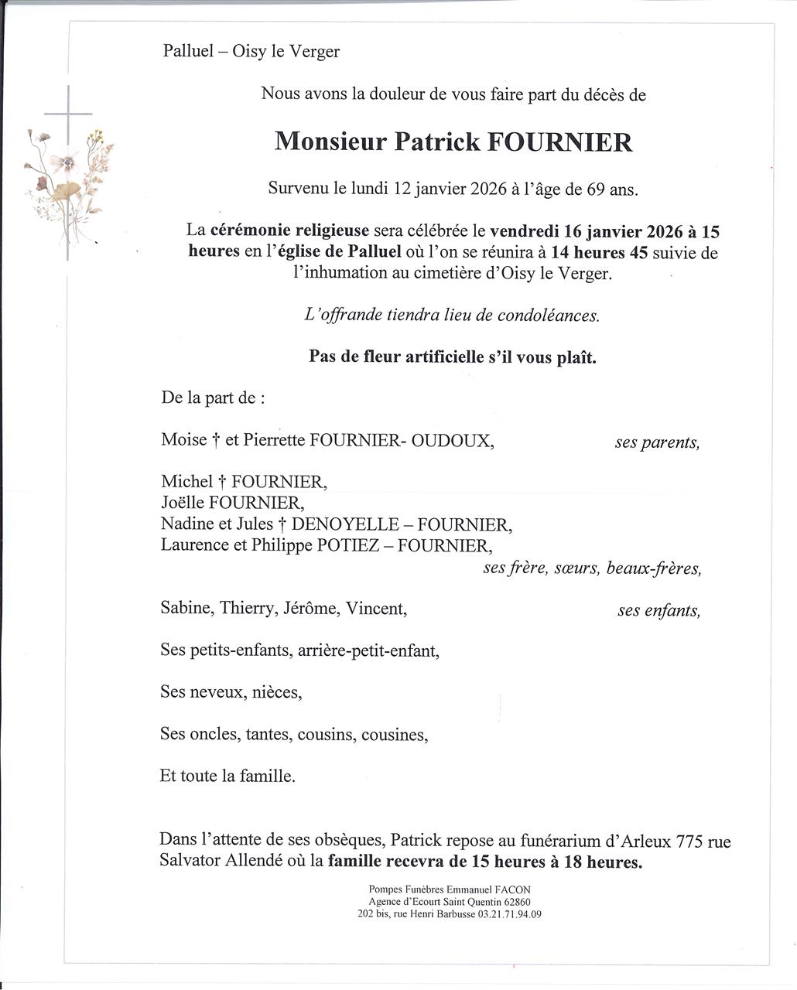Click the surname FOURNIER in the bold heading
pos(547,143)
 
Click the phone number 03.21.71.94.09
pos(510,914)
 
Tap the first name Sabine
pos(186,608)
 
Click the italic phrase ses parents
pos(657,443)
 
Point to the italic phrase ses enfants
pos(658,611)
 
